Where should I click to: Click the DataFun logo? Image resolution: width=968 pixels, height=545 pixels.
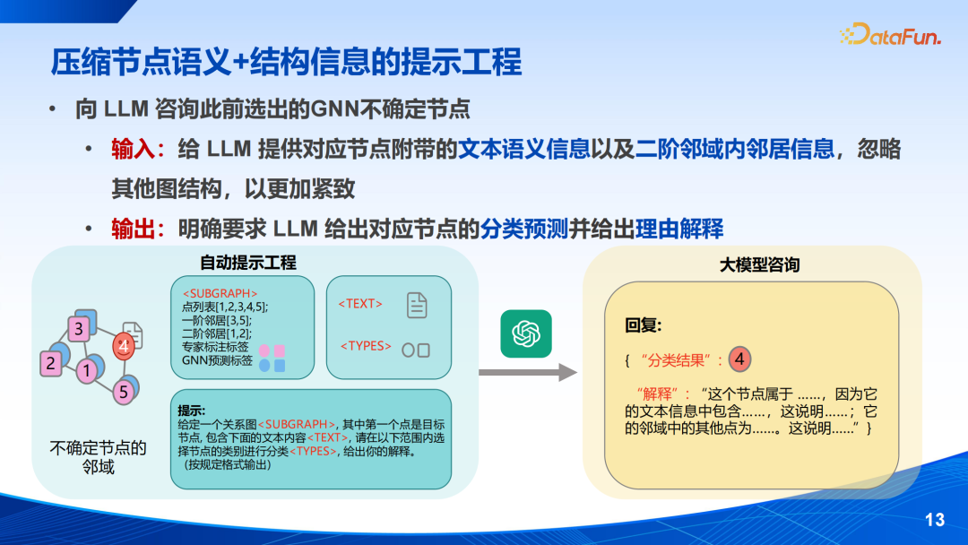tap(890, 35)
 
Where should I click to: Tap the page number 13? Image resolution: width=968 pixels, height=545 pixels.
tap(935, 520)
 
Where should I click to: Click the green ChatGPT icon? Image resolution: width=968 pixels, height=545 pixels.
tap(526, 334)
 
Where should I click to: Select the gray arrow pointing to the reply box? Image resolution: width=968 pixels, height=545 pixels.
tap(528, 372)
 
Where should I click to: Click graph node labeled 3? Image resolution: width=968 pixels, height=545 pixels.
tap(78, 328)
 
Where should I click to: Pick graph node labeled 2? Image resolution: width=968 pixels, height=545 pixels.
tap(50, 364)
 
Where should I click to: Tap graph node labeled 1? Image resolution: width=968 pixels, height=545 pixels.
tap(87, 370)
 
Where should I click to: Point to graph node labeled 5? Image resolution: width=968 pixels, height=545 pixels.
tap(124, 392)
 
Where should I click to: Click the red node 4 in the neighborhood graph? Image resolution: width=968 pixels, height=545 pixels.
tap(124, 346)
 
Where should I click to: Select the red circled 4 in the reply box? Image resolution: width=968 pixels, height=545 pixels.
tap(739, 359)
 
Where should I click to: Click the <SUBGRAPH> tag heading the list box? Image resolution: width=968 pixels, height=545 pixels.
tap(220, 294)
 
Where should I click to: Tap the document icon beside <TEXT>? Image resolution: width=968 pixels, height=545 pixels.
tap(417, 305)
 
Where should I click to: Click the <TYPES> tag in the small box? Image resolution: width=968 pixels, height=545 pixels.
tap(366, 346)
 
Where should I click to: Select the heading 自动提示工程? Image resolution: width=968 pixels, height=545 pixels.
tap(248, 263)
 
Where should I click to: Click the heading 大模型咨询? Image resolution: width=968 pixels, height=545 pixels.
tap(759, 265)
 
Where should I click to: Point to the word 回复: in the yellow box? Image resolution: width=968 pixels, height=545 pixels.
tap(644, 325)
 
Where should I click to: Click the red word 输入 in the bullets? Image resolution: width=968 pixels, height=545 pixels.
tap(133, 150)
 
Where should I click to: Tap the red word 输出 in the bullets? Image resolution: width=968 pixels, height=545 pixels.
tap(133, 229)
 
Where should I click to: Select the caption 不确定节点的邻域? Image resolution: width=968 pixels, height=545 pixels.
tap(99, 457)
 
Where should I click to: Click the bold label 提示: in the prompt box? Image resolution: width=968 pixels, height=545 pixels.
tap(192, 411)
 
